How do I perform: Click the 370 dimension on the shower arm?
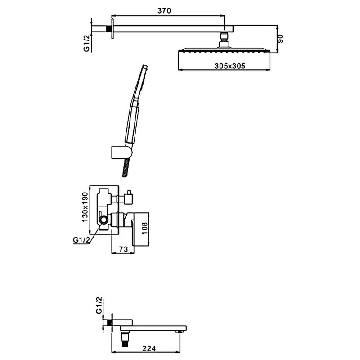click(x=164, y=11)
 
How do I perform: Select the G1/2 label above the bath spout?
click(x=99, y=306)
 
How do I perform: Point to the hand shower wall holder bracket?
click(x=121, y=152)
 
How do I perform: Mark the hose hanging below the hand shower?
click(x=124, y=166)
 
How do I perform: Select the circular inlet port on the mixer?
click(x=104, y=220)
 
